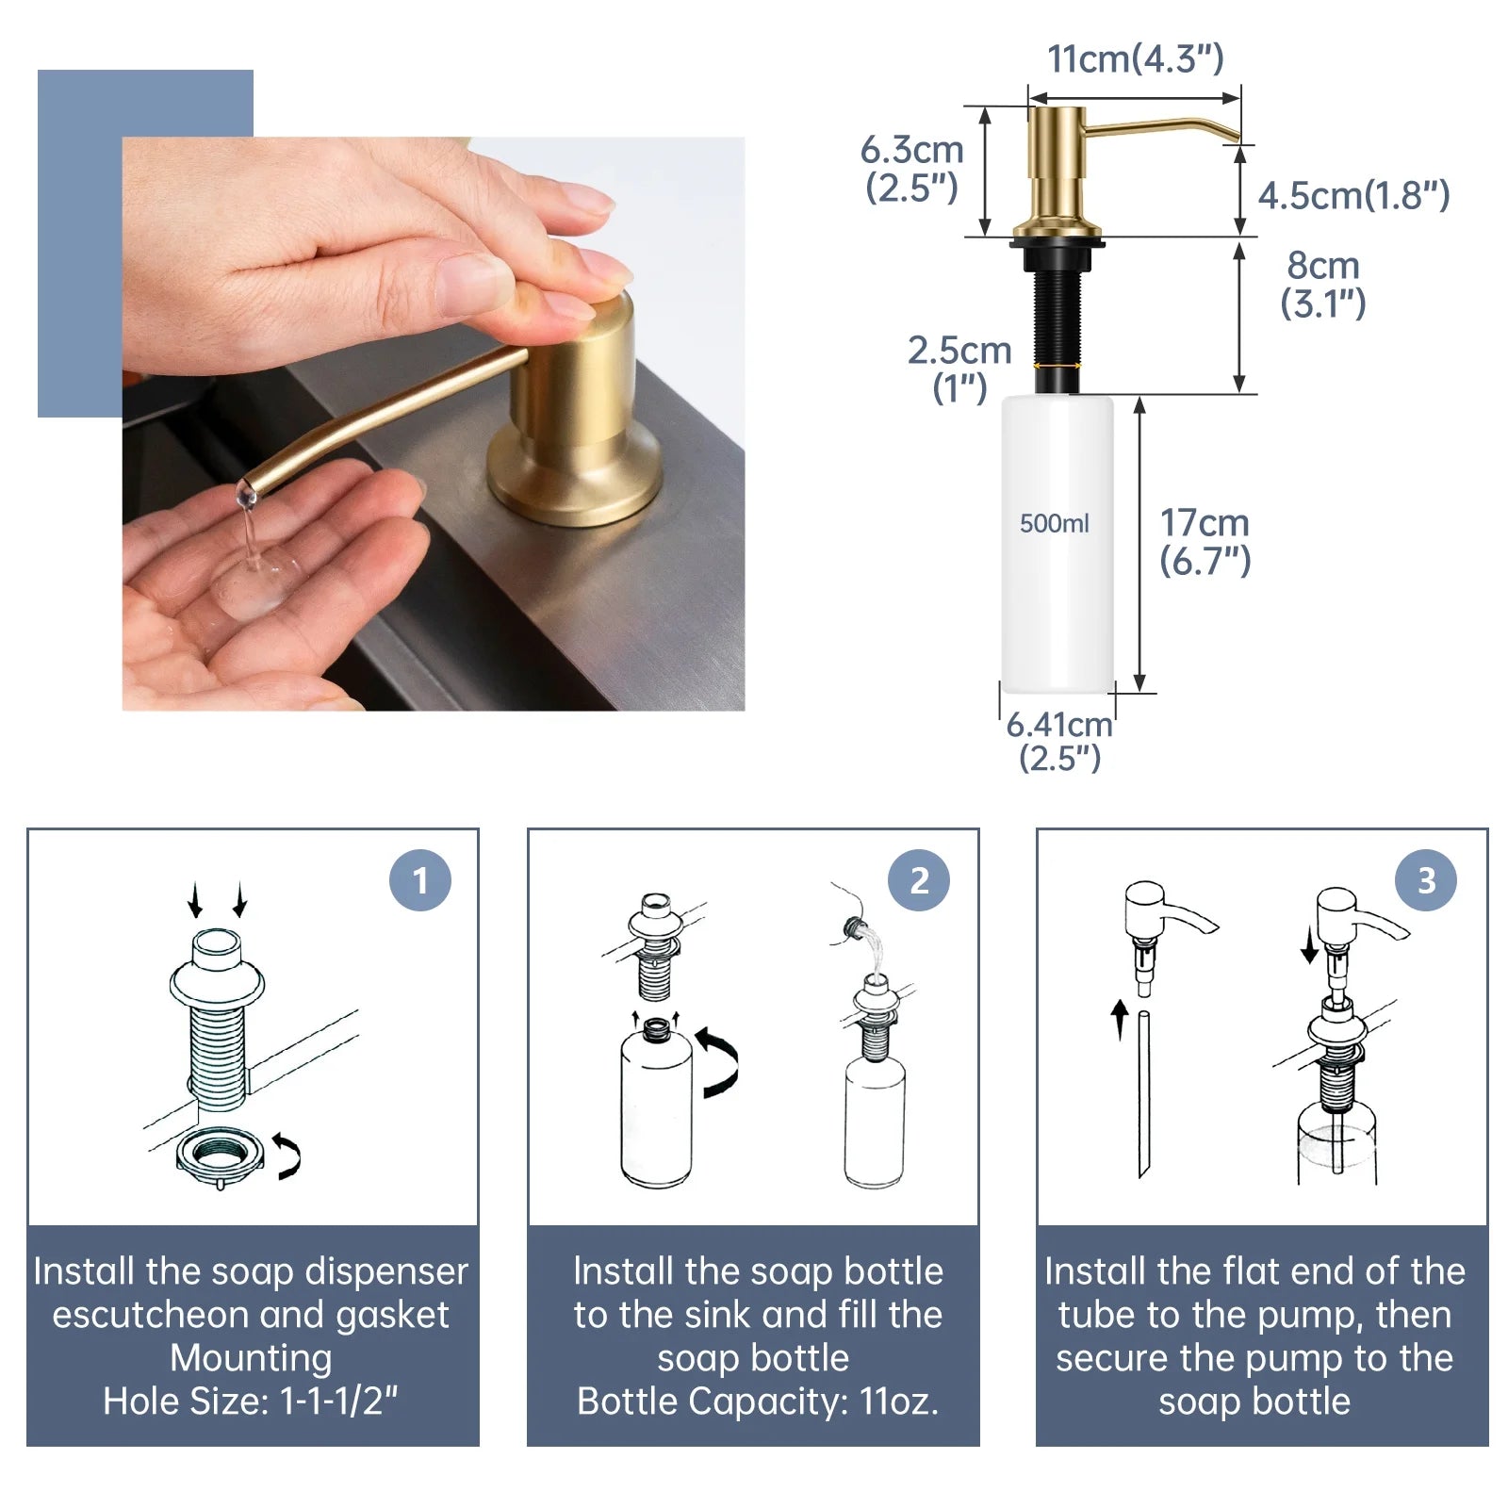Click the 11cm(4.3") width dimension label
point(1135,58)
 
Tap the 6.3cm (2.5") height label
point(911,169)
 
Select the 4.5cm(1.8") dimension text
point(1353,195)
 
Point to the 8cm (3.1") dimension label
point(1322,284)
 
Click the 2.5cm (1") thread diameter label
point(959,369)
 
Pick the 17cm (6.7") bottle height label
point(1205,541)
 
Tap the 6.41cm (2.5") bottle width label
point(1059,741)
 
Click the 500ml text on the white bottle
point(1054,523)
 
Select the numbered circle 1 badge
point(420,880)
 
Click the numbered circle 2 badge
point(919,880)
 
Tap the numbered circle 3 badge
point(1426,880)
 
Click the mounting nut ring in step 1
point(219,1156)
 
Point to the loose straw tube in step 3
point(1143,1093)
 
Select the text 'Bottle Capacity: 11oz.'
point(758,1401)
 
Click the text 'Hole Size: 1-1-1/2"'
point(251,1401)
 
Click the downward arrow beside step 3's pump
point(1309,944)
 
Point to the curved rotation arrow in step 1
point(289,1156)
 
